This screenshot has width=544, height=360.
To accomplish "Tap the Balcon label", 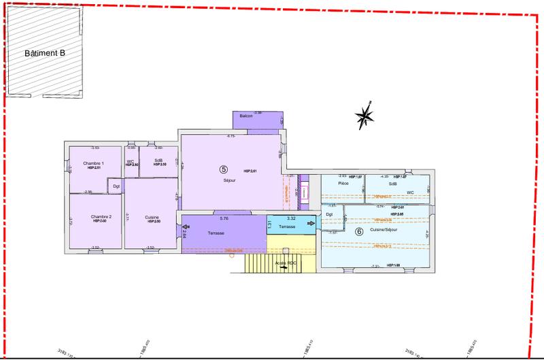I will coord(246,116).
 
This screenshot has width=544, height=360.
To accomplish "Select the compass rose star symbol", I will coord(365,116).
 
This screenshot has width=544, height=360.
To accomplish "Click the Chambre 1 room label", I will coord(93,164).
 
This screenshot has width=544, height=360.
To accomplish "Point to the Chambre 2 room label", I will coord(101,217).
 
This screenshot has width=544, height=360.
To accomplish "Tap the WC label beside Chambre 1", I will coord(130,161).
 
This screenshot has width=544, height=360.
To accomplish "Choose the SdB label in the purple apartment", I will coord(158,161).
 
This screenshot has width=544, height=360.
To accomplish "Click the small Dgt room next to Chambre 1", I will coord(116,186).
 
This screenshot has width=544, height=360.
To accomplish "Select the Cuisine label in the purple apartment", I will coord(152,218).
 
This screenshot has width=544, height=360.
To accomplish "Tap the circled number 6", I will coord(359,231).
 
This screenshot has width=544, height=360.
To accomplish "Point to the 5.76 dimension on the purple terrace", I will coord(224,218).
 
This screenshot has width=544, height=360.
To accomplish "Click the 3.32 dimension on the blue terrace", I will coord(291,218).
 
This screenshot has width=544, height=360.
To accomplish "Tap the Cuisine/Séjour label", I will coord(385,231).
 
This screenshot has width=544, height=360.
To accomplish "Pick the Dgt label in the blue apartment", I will coord(329,215).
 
